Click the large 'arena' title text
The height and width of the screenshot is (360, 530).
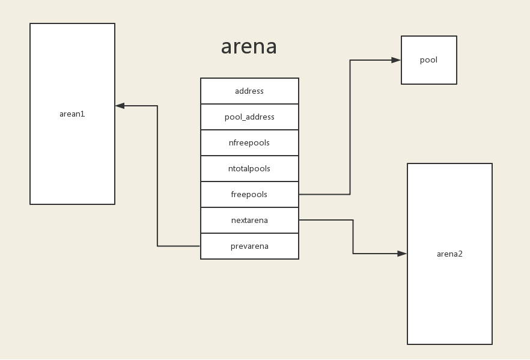pos(249,47)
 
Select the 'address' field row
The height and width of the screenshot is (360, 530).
pos(249,91)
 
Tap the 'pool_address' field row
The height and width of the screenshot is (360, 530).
pos(249,117)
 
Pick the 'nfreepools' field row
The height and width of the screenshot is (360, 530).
pos(249,143)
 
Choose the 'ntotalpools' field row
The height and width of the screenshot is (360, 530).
pos(249,169)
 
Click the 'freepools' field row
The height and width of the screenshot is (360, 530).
pos(249,195)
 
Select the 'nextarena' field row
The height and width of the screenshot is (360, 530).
pos(249,221)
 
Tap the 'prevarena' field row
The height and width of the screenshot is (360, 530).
pos(249,246)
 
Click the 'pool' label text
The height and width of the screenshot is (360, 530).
pos(428,60)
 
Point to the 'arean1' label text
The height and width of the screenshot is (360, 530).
pos(72,114)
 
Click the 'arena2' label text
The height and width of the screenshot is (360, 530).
pos(449,254)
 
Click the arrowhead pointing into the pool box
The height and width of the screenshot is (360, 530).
pos(396,60)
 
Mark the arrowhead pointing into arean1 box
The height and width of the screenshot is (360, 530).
pos(120,106)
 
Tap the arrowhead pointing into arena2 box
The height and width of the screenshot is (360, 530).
pos(402,254)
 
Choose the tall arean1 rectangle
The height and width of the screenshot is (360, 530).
pos(72,162)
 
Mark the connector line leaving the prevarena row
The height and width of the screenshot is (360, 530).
pos(157,180)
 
